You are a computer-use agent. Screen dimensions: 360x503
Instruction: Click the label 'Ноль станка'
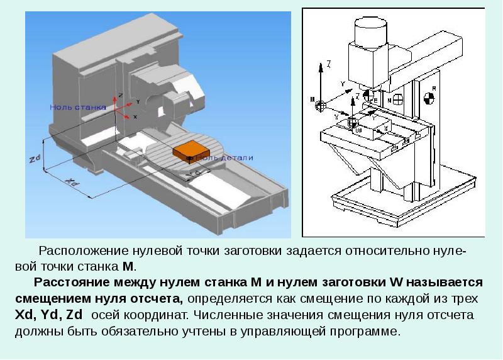point(78,108)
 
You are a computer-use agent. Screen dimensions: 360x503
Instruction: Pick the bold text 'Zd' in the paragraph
point(83,314)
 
